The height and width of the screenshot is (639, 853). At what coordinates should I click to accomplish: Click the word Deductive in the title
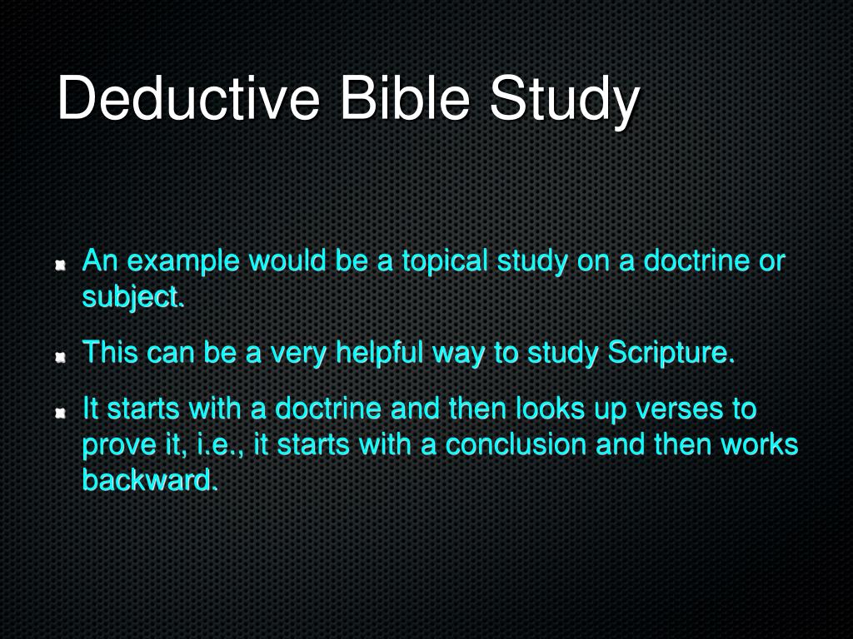coord(188,99)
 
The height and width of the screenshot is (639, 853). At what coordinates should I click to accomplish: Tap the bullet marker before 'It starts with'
coord(60,414)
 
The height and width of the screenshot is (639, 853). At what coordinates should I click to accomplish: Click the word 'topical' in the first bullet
coord(446,261)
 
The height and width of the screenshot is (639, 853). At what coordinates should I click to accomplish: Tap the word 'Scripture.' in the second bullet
coord(671,353)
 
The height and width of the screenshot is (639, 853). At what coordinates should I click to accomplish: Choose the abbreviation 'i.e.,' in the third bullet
coord(216,444)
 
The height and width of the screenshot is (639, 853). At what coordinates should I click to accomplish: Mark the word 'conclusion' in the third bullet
coord(516,444)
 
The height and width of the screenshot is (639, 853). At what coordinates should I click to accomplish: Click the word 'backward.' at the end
coord(150,479)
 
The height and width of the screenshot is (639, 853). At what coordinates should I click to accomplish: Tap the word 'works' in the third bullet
coord(759,444)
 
